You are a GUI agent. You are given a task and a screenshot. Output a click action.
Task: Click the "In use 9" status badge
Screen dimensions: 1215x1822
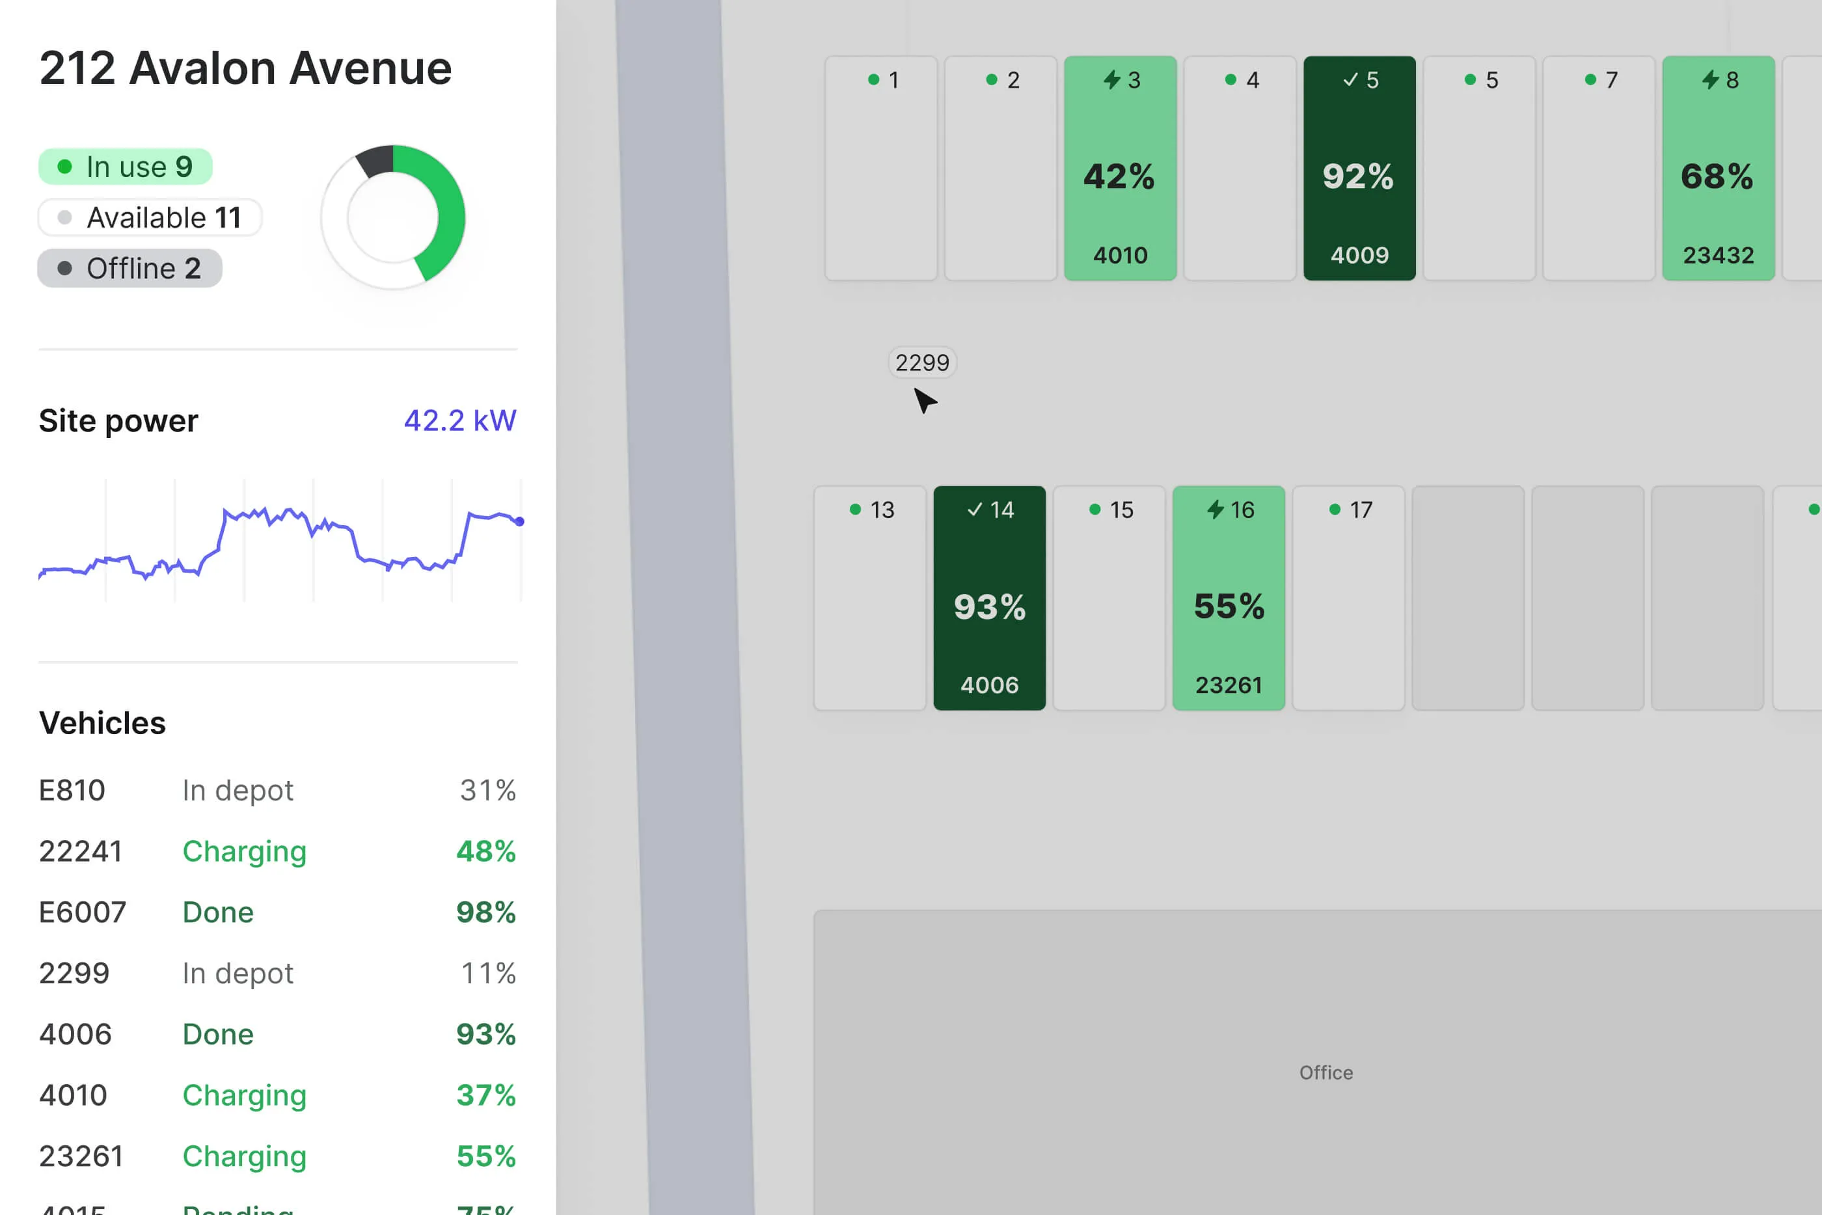click(x=126, y=167)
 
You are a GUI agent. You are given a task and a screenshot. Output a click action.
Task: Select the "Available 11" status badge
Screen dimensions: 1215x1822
click(x=150, y=218)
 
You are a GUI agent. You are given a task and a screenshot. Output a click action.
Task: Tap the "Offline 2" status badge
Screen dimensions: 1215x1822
click(x=130, y=268)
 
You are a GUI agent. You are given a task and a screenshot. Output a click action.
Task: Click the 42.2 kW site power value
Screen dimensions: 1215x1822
click(x=459, y=421)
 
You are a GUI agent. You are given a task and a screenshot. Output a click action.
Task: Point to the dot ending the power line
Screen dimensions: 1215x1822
click(x=520, y=521)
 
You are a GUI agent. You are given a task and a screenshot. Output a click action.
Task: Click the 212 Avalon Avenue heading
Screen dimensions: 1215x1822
click(x=245, y=68)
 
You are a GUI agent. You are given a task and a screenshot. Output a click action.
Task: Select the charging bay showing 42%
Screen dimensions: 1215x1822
click(x=1120, y=168)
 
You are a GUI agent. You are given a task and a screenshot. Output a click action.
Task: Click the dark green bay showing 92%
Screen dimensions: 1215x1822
click(x=1359, y=168)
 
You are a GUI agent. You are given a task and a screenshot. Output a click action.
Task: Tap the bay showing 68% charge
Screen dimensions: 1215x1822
click(x=1717, y=168)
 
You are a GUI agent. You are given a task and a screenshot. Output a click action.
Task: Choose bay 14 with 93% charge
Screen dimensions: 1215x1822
click(x=989, y=598)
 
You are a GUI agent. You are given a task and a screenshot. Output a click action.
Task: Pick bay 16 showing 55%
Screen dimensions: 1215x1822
click(x=1229, y=598)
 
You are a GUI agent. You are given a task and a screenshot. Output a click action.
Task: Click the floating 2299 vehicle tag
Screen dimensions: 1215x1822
click(x=922, y=362)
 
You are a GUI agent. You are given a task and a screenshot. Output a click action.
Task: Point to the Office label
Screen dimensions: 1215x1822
click(x=1326, y=1072)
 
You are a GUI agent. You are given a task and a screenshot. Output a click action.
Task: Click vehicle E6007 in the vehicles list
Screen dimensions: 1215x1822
click(x=82, y=912)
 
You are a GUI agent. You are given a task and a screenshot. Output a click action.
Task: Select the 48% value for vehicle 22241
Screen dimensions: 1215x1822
click(x=485, y=852)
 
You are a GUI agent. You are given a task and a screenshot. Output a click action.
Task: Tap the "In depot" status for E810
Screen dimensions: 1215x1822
click(x=238, y=791)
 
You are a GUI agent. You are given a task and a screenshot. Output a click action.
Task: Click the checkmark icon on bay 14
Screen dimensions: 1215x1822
click(x=975, y=509)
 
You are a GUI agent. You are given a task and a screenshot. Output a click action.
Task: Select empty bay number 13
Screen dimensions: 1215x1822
click(x=870, y=598)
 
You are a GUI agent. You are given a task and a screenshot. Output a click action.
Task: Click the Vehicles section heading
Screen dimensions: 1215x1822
click(x=102, y=723)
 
